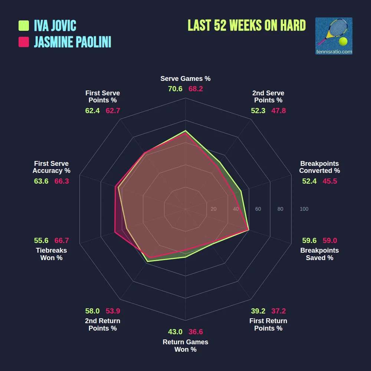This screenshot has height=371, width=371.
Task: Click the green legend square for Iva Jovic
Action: click(24, 26)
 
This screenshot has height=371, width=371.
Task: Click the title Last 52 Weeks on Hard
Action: click(247, 25)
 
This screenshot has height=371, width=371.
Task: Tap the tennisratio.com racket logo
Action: click(334, 36)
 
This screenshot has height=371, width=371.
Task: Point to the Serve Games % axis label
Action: click(185, 79)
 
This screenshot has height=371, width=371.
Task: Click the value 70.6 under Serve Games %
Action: click(175, 89)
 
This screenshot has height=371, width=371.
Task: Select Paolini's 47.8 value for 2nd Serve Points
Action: click(279, 111)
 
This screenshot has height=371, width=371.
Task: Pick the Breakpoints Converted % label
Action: click(319, 167)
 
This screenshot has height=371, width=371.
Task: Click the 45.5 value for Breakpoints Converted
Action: click(330, 181)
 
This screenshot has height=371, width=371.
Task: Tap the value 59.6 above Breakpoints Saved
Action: click(309, 240)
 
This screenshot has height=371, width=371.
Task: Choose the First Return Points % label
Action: click(268, 325)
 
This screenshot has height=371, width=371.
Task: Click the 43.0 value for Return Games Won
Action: click(175, 332)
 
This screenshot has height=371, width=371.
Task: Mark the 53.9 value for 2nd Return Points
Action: click(113, 311)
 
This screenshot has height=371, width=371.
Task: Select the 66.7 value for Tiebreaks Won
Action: click(62, 240)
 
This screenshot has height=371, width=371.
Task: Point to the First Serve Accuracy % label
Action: click(52, 167)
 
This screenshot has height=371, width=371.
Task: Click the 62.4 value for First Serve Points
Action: click(92, 111)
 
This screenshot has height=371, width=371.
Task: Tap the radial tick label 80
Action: click(280, 209)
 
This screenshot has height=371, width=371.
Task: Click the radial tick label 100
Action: click(304, 209)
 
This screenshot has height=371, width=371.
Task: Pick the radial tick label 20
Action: click(213, 209)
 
